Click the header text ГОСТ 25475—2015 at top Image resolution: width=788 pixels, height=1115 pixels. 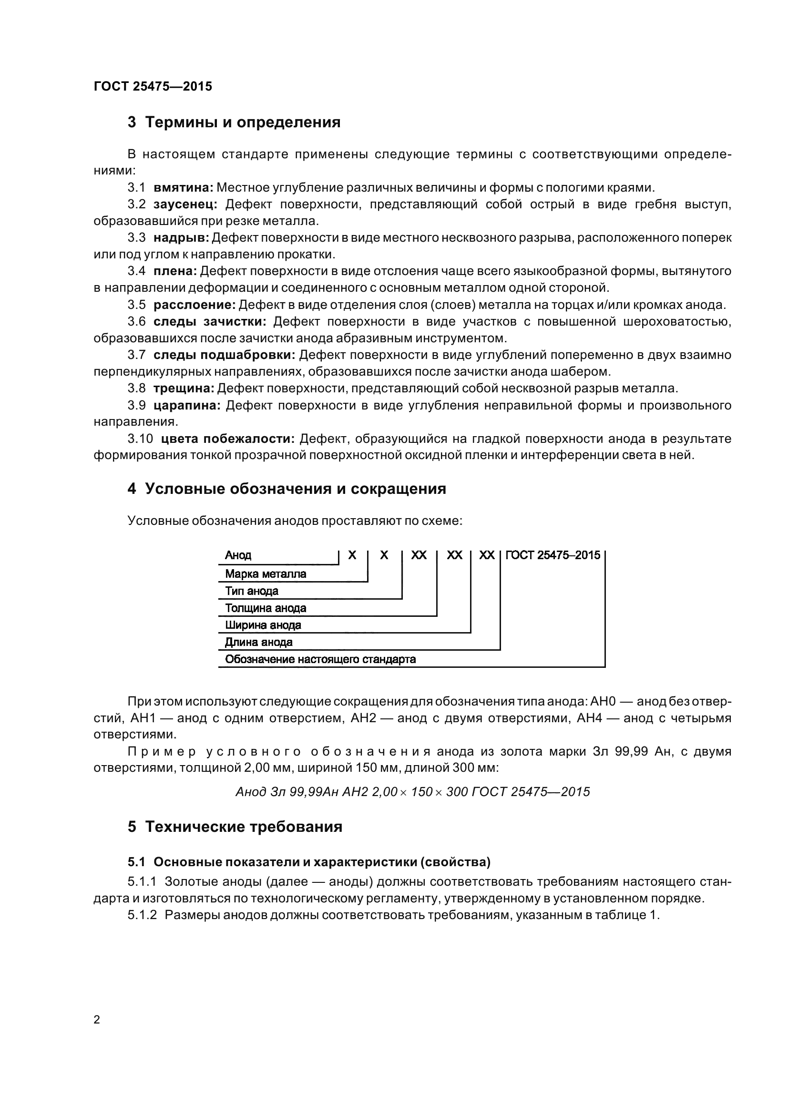153,86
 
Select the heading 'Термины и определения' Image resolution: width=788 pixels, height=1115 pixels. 243,123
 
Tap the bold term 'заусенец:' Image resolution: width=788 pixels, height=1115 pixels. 185,204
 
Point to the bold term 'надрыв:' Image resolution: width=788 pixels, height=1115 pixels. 181,237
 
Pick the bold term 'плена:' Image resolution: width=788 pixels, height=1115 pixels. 175,271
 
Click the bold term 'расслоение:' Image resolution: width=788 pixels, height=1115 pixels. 194,305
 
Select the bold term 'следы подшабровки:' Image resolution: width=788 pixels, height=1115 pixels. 225,355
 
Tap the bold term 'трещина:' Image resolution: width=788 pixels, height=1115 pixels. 184,388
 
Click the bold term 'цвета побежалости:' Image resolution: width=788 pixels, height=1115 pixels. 228,439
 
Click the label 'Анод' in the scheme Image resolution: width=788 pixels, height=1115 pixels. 238,555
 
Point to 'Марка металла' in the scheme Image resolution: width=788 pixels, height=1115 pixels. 265,574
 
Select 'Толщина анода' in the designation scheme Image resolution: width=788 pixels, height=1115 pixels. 265,608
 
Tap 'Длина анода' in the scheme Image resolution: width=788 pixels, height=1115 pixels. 258,642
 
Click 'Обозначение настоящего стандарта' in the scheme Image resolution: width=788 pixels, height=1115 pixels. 320,659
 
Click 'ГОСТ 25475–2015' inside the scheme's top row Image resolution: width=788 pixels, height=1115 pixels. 553,555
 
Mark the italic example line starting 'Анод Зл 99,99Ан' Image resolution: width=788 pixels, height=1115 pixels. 412,792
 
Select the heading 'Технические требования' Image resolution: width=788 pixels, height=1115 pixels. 244,827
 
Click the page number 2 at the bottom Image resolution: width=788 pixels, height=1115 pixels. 97,1019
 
